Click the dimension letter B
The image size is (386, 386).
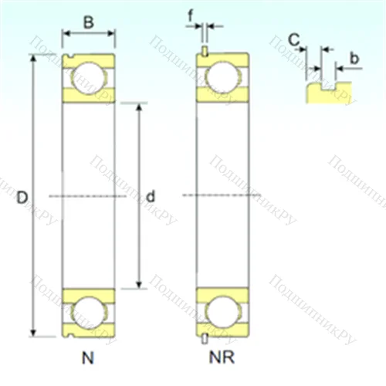tap(88, 23)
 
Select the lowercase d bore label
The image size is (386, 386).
tap(150, 198)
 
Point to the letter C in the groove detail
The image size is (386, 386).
tap(294, 39)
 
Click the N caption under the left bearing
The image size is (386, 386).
tap(87, 357)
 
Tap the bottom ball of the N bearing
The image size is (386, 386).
tap(88, 312)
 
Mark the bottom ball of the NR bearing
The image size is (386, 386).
tap(222, 312)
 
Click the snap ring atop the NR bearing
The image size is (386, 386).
tap(205, 52)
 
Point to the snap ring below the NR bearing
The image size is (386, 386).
tap(205, 337)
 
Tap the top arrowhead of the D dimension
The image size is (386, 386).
tap(34, 58)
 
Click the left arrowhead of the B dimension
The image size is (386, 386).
tap(66, 33)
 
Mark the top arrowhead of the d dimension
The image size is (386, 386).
tap(139, 106)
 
